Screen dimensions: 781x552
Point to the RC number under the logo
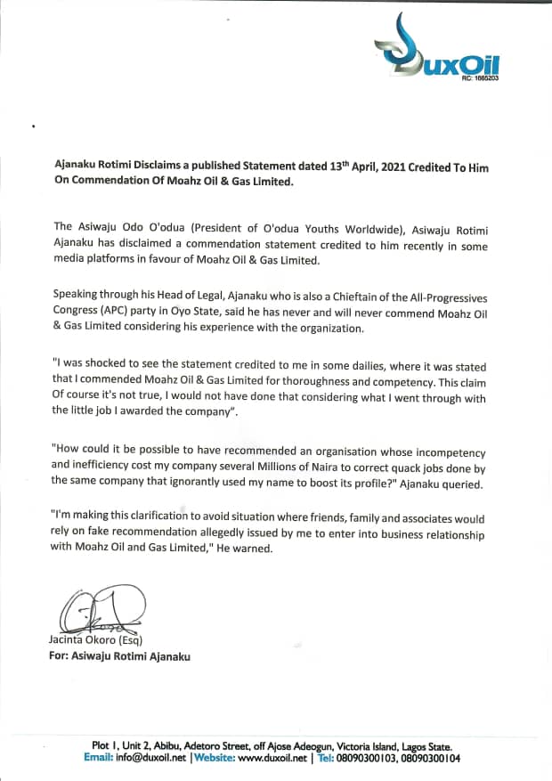pyautogui.click(x=480, y=79)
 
